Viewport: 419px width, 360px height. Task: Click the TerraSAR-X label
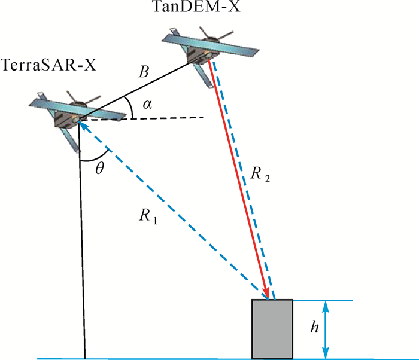coord(48,65)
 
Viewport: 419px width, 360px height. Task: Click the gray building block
coord(272,329)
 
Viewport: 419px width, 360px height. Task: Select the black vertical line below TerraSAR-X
coord(82,251)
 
